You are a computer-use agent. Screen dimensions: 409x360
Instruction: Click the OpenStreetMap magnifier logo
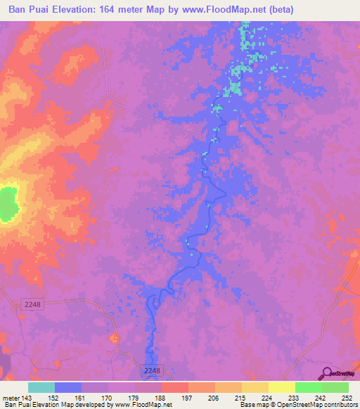327,373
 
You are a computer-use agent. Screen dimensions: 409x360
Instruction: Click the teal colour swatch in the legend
41,387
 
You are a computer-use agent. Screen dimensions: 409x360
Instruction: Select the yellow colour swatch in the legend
282,387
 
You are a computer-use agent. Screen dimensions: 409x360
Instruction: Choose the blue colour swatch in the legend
68,387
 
